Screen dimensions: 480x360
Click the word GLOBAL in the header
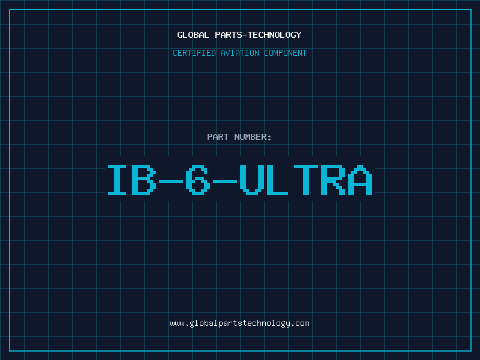tap(193, 35)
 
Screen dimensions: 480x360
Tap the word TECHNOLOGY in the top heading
tap(275, 35)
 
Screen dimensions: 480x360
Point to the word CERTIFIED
tap(194, 53)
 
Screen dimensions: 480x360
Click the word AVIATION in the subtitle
tap(240, 53)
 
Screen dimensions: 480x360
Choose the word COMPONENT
tap(286, 53)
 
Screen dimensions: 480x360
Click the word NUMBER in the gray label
tap(250, 137)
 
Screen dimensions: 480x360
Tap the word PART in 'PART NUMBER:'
tap(218, 137)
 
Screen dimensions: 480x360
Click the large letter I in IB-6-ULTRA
tap(116, 179)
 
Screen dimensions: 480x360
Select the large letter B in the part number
tap(143, 179)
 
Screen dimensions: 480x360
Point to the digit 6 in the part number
tap(198, 179)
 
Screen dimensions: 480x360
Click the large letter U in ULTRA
tap(251, 179)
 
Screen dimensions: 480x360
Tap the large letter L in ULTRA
tap(277, 179)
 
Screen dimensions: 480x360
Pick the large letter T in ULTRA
tap(306, 179)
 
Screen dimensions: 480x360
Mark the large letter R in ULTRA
tap(333, 179)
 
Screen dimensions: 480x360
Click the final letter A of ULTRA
tap(360, 179)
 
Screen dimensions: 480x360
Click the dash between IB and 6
tap(171, 181)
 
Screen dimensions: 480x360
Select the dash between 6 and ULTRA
tap(224, 181)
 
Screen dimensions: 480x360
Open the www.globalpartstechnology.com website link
tap(239, 323)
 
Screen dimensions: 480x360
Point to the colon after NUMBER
tap(269, 138)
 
